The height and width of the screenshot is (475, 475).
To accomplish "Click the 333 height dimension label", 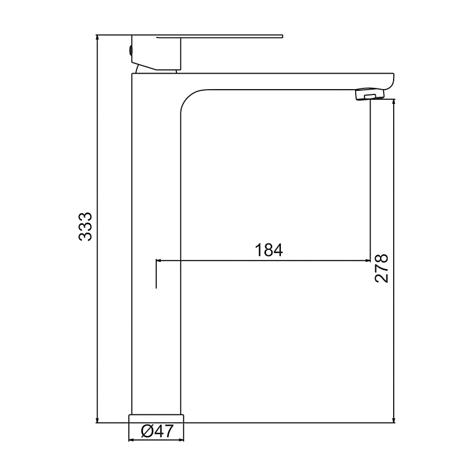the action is tap(85, 227).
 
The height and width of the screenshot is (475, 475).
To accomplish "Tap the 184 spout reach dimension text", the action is tap(269, 250).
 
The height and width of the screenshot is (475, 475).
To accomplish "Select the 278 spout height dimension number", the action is tap(381, 268).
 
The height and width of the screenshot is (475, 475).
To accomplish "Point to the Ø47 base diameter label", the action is tap(157, 431).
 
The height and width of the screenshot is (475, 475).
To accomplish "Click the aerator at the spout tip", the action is tap(369, 94).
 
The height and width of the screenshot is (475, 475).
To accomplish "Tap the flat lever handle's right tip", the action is tap(283, 36).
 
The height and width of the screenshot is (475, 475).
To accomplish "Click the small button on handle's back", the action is tap(131, 50).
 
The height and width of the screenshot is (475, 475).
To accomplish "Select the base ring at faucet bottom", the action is tap(156, 419).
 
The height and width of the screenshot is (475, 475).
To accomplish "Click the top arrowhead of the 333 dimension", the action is tap(97, 37).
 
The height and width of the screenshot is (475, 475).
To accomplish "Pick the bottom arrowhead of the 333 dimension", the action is tap(97, 420).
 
